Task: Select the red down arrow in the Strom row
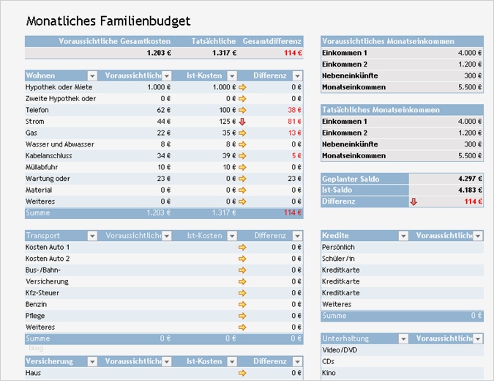[x=242, y=122]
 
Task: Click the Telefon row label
[x=37, y=110]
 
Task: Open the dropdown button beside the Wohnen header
[x=92, y=75]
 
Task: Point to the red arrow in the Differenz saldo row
[x=413, y=201]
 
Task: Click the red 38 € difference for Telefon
[x=294, y=110]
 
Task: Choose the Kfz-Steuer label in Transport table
[x=43, y=293]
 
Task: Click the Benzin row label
[x=37, y=304]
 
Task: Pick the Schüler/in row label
[x=339, y=259]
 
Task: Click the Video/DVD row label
[x=340, y=350]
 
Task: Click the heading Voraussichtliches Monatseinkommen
[x=388, y=42]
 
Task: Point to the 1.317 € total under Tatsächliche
[x=225, y=53]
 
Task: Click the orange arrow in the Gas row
[x=242, y=133]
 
